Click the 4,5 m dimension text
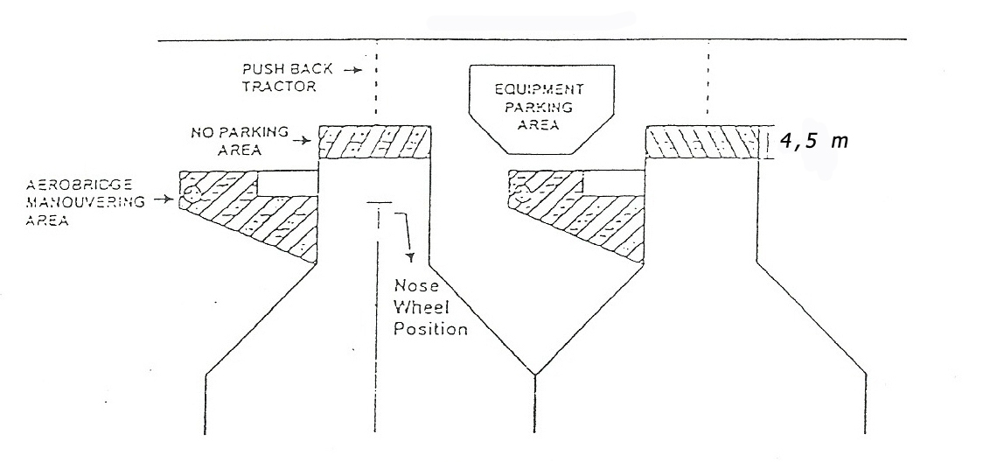[813, 141]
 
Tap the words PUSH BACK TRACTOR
[287, 78]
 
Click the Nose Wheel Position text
[430, 307]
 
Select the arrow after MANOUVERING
[164, 200]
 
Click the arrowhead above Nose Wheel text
[411, 257]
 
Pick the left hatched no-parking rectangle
[374, 142]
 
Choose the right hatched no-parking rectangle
[702, 142]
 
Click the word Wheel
[422, 308]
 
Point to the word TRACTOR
[279, 86]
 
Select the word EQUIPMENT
[539, 89]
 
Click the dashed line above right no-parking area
[708, 82]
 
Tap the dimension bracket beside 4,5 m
[766, 142]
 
